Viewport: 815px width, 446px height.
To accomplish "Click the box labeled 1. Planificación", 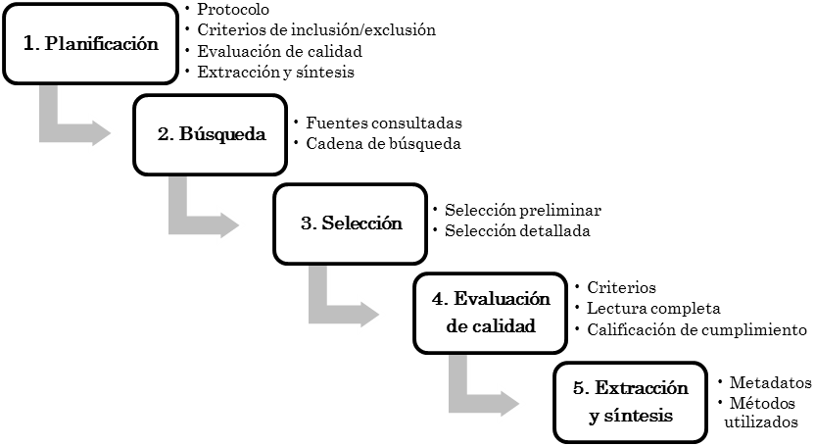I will (90, 43).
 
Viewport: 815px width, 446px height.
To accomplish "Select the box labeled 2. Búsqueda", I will (211, 134).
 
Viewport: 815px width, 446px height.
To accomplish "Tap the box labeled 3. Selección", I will (351, 223).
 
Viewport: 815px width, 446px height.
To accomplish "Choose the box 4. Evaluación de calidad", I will (490, 313).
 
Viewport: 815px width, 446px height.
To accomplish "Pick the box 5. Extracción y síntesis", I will (630, 402).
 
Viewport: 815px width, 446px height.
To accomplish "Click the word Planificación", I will (103, 44).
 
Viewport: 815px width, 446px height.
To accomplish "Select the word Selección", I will (362, 223).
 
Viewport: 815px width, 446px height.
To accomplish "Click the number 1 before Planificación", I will (27, 43).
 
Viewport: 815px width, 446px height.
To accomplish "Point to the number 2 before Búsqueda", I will (163, 134).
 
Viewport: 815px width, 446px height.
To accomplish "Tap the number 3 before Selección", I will (305, 223).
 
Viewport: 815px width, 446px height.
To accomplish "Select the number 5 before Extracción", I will (578, 388).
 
